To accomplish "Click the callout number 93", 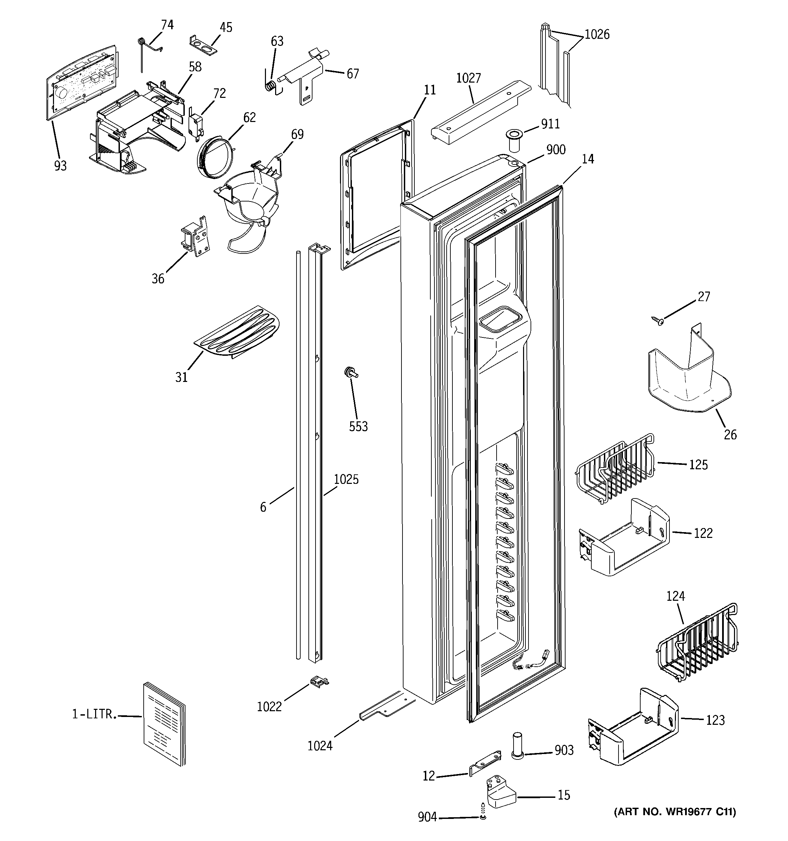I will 60,165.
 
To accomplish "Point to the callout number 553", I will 358,426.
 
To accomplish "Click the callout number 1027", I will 469,78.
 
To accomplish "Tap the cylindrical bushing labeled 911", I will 514,141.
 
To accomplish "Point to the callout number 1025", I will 346,479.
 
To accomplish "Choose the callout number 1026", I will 597,34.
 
